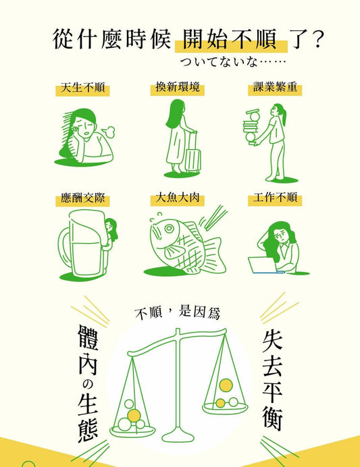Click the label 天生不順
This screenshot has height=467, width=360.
82,88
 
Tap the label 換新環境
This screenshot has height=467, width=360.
178,87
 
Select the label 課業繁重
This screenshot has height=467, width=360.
275,87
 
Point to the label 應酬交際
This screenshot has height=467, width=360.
82,198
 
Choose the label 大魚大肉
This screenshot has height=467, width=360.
178,198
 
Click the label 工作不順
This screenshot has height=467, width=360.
275,198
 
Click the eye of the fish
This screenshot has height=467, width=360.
169,229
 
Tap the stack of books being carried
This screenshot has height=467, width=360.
251,128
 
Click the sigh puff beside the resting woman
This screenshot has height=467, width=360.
109,132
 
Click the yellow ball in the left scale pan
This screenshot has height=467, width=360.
134,416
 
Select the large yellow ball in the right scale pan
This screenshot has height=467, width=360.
226,385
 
